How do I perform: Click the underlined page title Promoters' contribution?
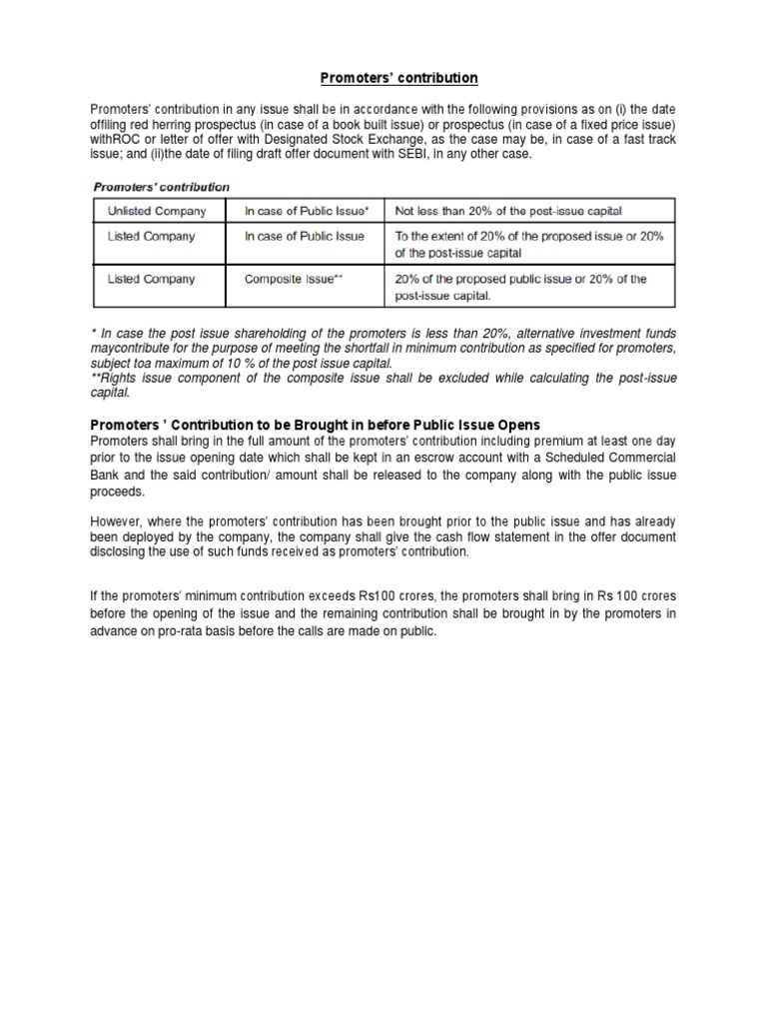(x=384, y=78)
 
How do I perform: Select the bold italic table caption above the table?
(x=161, y=187)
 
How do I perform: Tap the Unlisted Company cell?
(x=157, y=211)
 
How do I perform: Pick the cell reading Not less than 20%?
(x=508, y=211)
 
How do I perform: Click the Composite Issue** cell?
(x=294, y=279)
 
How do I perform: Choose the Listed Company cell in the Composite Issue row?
(x=152, y=279)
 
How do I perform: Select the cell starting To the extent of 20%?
(x=529, y=244)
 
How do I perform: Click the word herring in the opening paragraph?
(x=186, y=123)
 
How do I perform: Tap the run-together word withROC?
(x=116, y=139)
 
